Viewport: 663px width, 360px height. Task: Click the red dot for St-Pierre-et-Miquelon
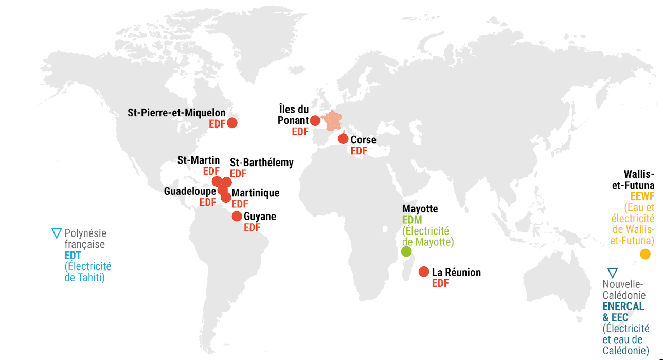pyautogui.click(x=232, y=122)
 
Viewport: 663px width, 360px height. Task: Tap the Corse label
pyautogui.click(x=363, y=140)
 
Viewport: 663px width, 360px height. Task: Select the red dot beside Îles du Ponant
pyautogui.click(x=315, y=121)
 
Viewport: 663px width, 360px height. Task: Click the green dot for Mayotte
pyautogui.click(x=406, y=251)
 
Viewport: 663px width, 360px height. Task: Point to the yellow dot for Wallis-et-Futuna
pyautogui.click(x=645, y=254)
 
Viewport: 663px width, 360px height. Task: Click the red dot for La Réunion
pyautogui.click(x=424, y=272)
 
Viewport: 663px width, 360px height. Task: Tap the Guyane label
pyautogui.click(x=260, y=217)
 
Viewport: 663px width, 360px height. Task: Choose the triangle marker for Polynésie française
pyautogui.click(x=56, y=233)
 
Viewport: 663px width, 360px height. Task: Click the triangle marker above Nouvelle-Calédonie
pyautogui.click(x=612, y=273)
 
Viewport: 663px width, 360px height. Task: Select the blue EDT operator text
pyautogui.click(x=73, y=256)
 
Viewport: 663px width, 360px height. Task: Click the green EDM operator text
pyautogui.click(x=411, y=220)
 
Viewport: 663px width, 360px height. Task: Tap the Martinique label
pyautogui.click(x=256, y=193)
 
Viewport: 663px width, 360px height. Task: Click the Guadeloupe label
pyautogui.click(x=190, y=191)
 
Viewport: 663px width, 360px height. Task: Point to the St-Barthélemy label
pyautogui.click(x=262, y=163)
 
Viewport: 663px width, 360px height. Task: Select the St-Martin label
pyautogui.click(x=199, y=160)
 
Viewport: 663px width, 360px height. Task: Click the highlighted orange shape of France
pyautogui.click(x=333, y=121)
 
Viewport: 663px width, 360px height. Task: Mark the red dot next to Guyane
pyautogui.click(x=237, y=216)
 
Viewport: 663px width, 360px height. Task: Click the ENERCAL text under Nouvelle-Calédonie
pyautogui.click(x=623, y=307)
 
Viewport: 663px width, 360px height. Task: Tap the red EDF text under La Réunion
pyautogui.click(x=440, y=283)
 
